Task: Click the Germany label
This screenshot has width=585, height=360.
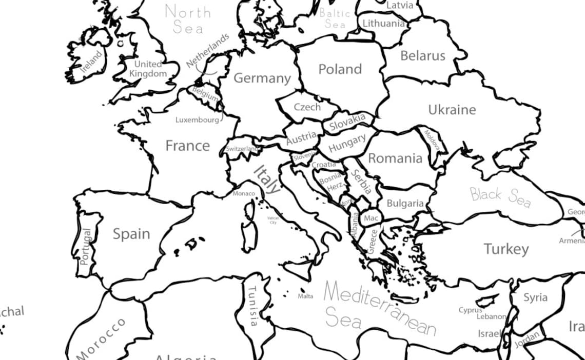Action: [x=262, y=78]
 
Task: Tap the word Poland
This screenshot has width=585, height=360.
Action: [x=340, y=69]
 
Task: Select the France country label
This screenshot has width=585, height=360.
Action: [x=187, y=146]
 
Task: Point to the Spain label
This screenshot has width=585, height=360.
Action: [x=131, y=234]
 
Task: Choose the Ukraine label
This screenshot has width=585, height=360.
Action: [x=452, y=110]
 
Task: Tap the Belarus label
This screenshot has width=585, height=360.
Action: [x=423, y=56]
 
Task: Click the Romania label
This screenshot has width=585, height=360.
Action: [x=395, y=158]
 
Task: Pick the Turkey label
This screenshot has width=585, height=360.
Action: [x=506, y=249]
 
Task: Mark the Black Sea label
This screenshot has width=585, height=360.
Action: [x=500, y=197]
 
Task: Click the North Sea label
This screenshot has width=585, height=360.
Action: [x=188, y=19]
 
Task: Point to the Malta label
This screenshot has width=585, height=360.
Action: [x=305, y=296]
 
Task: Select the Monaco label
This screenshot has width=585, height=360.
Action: [x=243, y=193]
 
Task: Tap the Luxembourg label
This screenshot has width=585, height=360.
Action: [x=197, y=120]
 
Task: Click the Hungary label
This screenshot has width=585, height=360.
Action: [x=347, y=143]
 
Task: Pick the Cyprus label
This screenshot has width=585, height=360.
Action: [x=470, y=310]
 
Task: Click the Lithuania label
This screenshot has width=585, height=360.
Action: [x=384, y=24]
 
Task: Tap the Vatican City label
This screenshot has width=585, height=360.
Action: [x=273, y=220]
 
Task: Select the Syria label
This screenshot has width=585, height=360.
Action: [x=535, y=297]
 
